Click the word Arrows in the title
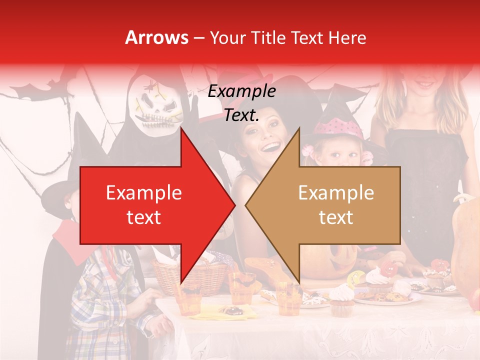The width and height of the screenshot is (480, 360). [157, 37]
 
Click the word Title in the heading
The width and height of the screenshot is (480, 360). [268, 37]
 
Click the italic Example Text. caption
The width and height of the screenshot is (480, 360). [242, 103]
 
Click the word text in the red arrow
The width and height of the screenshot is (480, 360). [143, 217]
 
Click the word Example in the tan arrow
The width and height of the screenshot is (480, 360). [336, 193]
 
